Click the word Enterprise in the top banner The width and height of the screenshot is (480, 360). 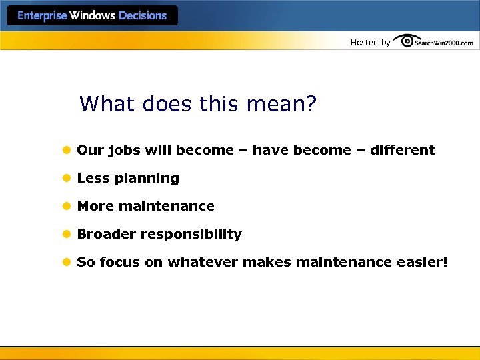pyautogui.click(x=42, y=16)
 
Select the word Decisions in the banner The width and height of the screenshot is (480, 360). pyautogui.click(x=143, y=16)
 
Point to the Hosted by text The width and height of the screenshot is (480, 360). pyautogui.click(x=371, y=43)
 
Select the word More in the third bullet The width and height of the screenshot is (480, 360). pyautogui.click(x=95, y=206)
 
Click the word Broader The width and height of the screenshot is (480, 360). pyautogui.click(x=105, y=234)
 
